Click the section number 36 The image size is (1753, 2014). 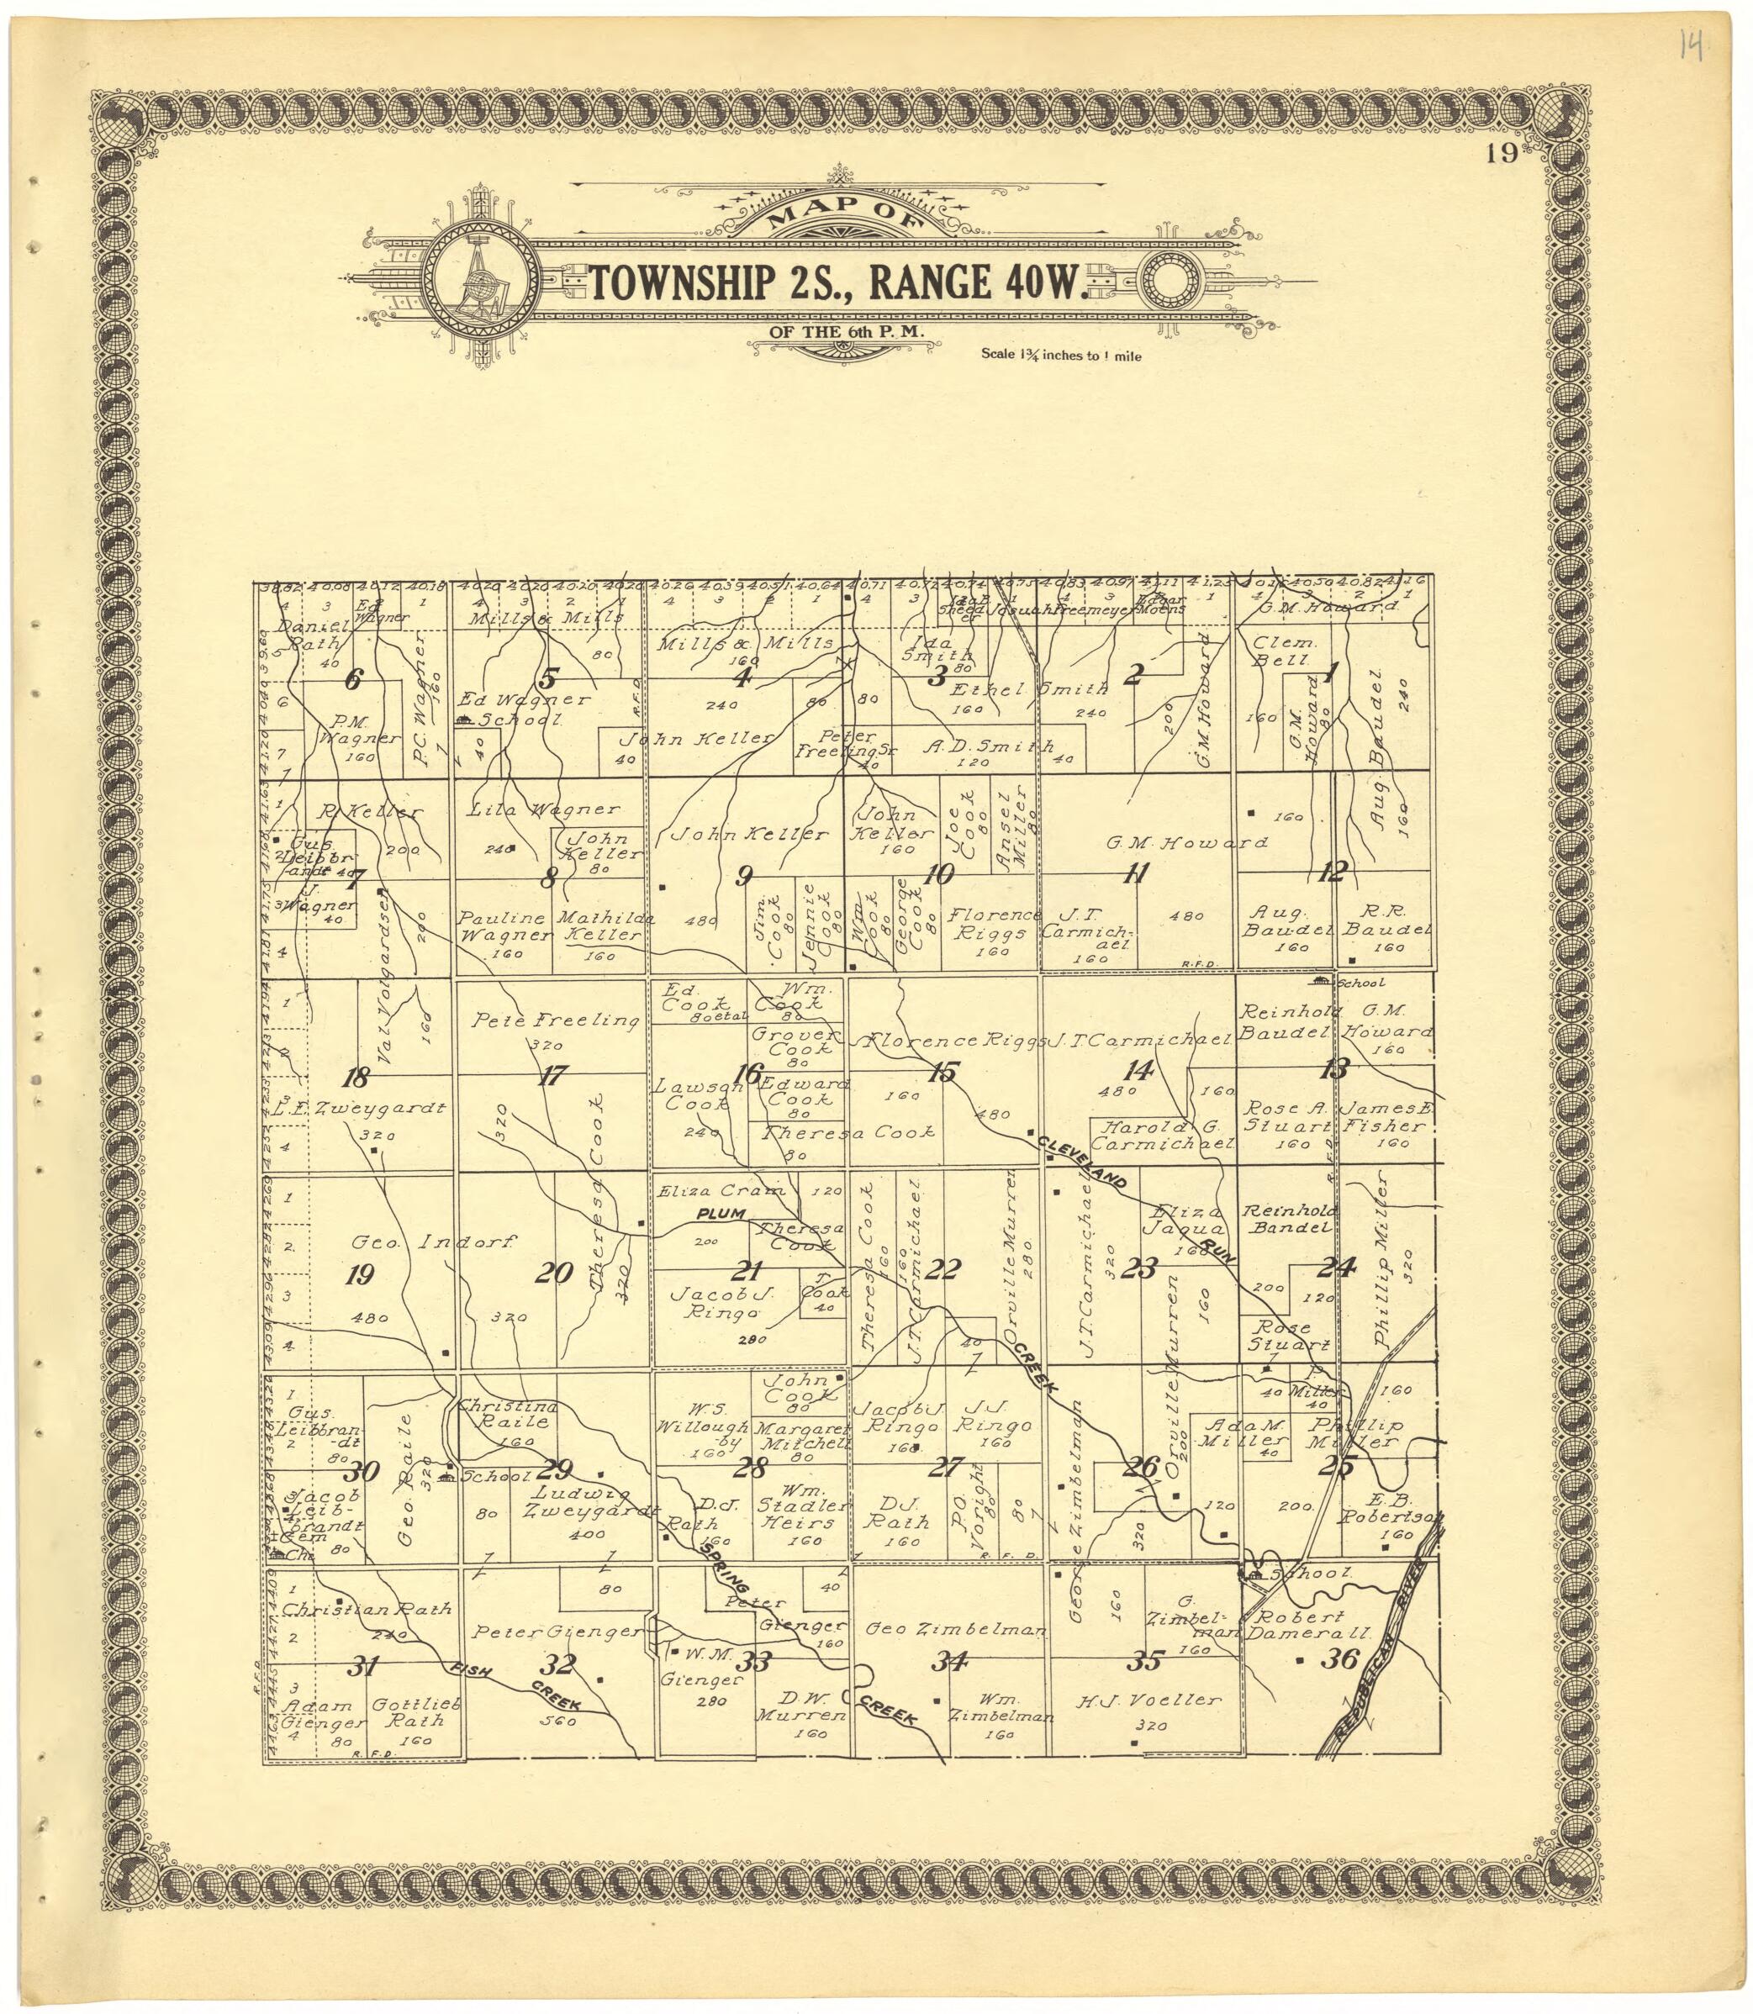click(x=1339, y=1659)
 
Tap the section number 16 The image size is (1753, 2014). click(x=747, y=1073)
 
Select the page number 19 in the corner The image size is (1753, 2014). click(x=1502, y=156)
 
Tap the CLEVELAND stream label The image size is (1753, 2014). click(x=1085, y=1163)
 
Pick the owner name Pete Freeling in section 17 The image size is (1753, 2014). click(x=556, y=1021)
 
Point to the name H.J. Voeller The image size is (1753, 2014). click(x=1148, y=1700)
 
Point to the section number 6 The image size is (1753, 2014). click(x=353, y=679)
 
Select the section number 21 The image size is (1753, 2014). click(x=747, y=1271)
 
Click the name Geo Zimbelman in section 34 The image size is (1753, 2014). click(x=956, y=1630)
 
